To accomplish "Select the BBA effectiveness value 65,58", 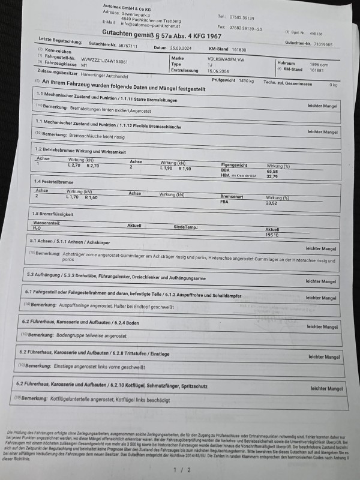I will [x=274, y=171].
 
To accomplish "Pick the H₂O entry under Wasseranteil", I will [x=37, y=228].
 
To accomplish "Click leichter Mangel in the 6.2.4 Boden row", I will [x=322, y=326].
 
